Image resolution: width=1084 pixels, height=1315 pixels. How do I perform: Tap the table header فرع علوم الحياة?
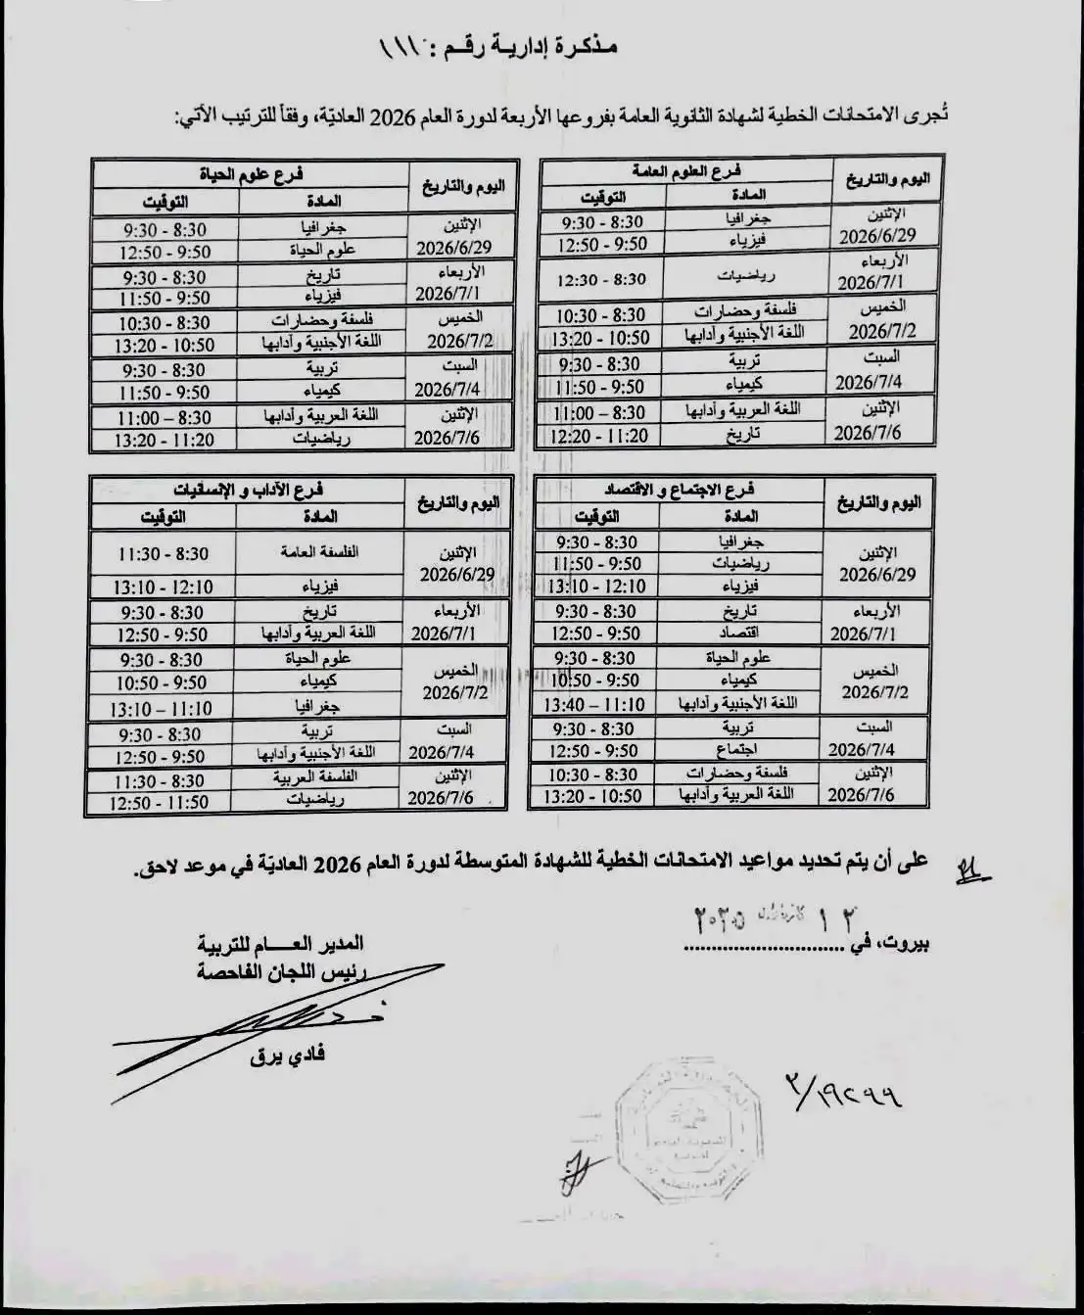click(x=252, y=173)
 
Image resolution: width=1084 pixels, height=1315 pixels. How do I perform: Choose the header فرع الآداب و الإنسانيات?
click(x=250, y=490)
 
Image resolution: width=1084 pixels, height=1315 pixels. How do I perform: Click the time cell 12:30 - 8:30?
click(x=601, y=279)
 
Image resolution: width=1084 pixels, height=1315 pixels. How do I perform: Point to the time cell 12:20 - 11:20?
click(x=599, y=436)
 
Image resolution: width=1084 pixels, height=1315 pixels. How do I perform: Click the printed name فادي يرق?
click(x=295, y=1055)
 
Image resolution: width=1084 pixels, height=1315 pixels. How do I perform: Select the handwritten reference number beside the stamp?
click(x=843, y=1088)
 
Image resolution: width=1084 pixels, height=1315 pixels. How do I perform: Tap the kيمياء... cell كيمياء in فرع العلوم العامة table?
click(x=748, y=386)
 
